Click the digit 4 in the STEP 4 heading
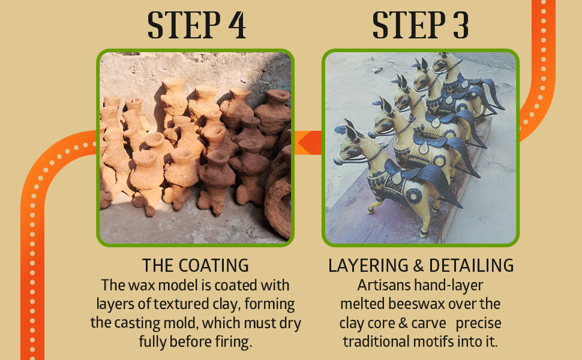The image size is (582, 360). pos(237,25)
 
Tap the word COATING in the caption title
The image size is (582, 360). pos(214,266)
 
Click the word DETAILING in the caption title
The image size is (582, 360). pos(472,266)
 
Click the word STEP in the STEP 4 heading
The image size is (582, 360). pos(184,25)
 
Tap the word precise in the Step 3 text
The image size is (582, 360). pos(478,323)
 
